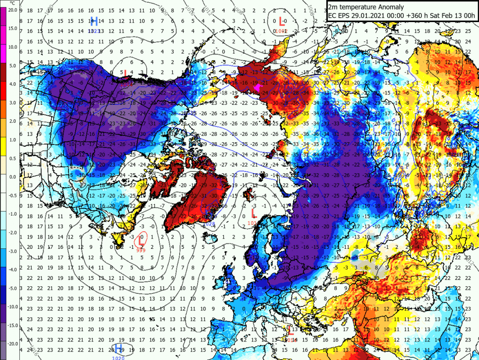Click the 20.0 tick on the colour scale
click(x=13, y=9)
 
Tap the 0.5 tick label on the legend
click(x=13, y=157)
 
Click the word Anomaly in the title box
click(x=389, y=7)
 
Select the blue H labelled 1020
click(x=119, y=348)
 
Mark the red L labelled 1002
click(x=282, y=21)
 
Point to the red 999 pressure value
click(x=141, y=250)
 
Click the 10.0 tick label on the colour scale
click(x=13, y=46)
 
